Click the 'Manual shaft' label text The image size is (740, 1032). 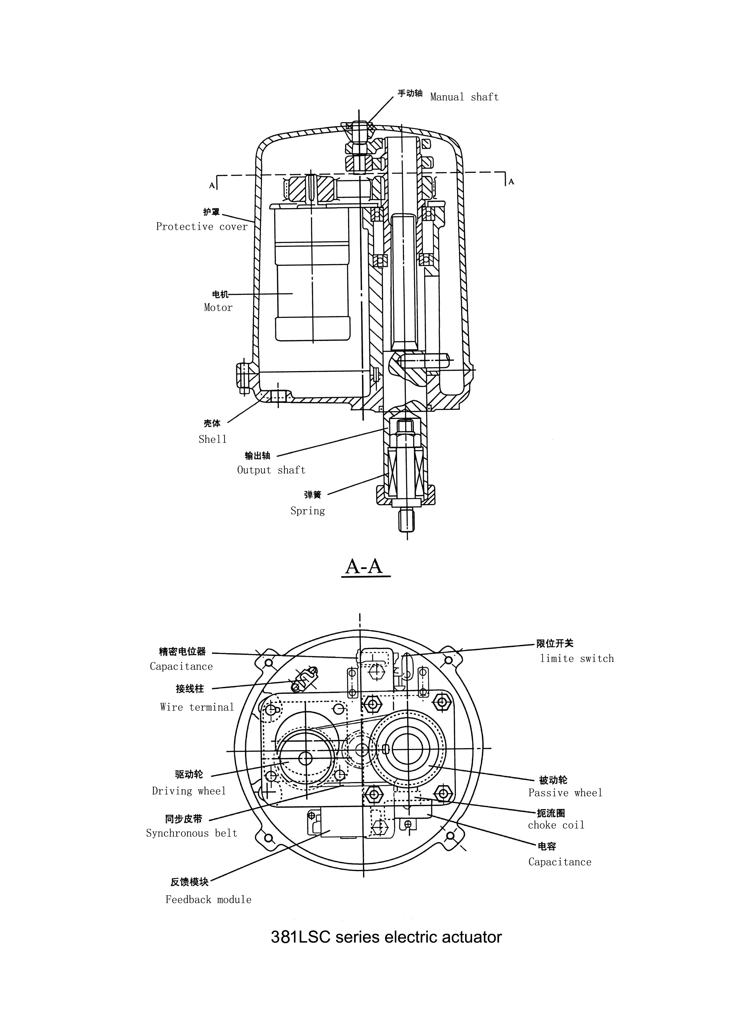pos(464,97)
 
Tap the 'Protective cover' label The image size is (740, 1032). pos(202,227)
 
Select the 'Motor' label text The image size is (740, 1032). pos(218,308)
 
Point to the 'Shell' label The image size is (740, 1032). pos(212,439)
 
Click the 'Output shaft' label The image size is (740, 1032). pos(271,470)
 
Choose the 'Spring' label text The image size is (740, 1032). pos(308,511)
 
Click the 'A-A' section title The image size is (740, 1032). pos(364,566)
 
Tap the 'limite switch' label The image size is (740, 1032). pos(577,658)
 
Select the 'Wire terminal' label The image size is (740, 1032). pos(197,707)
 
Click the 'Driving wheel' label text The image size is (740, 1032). pos(189,791)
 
